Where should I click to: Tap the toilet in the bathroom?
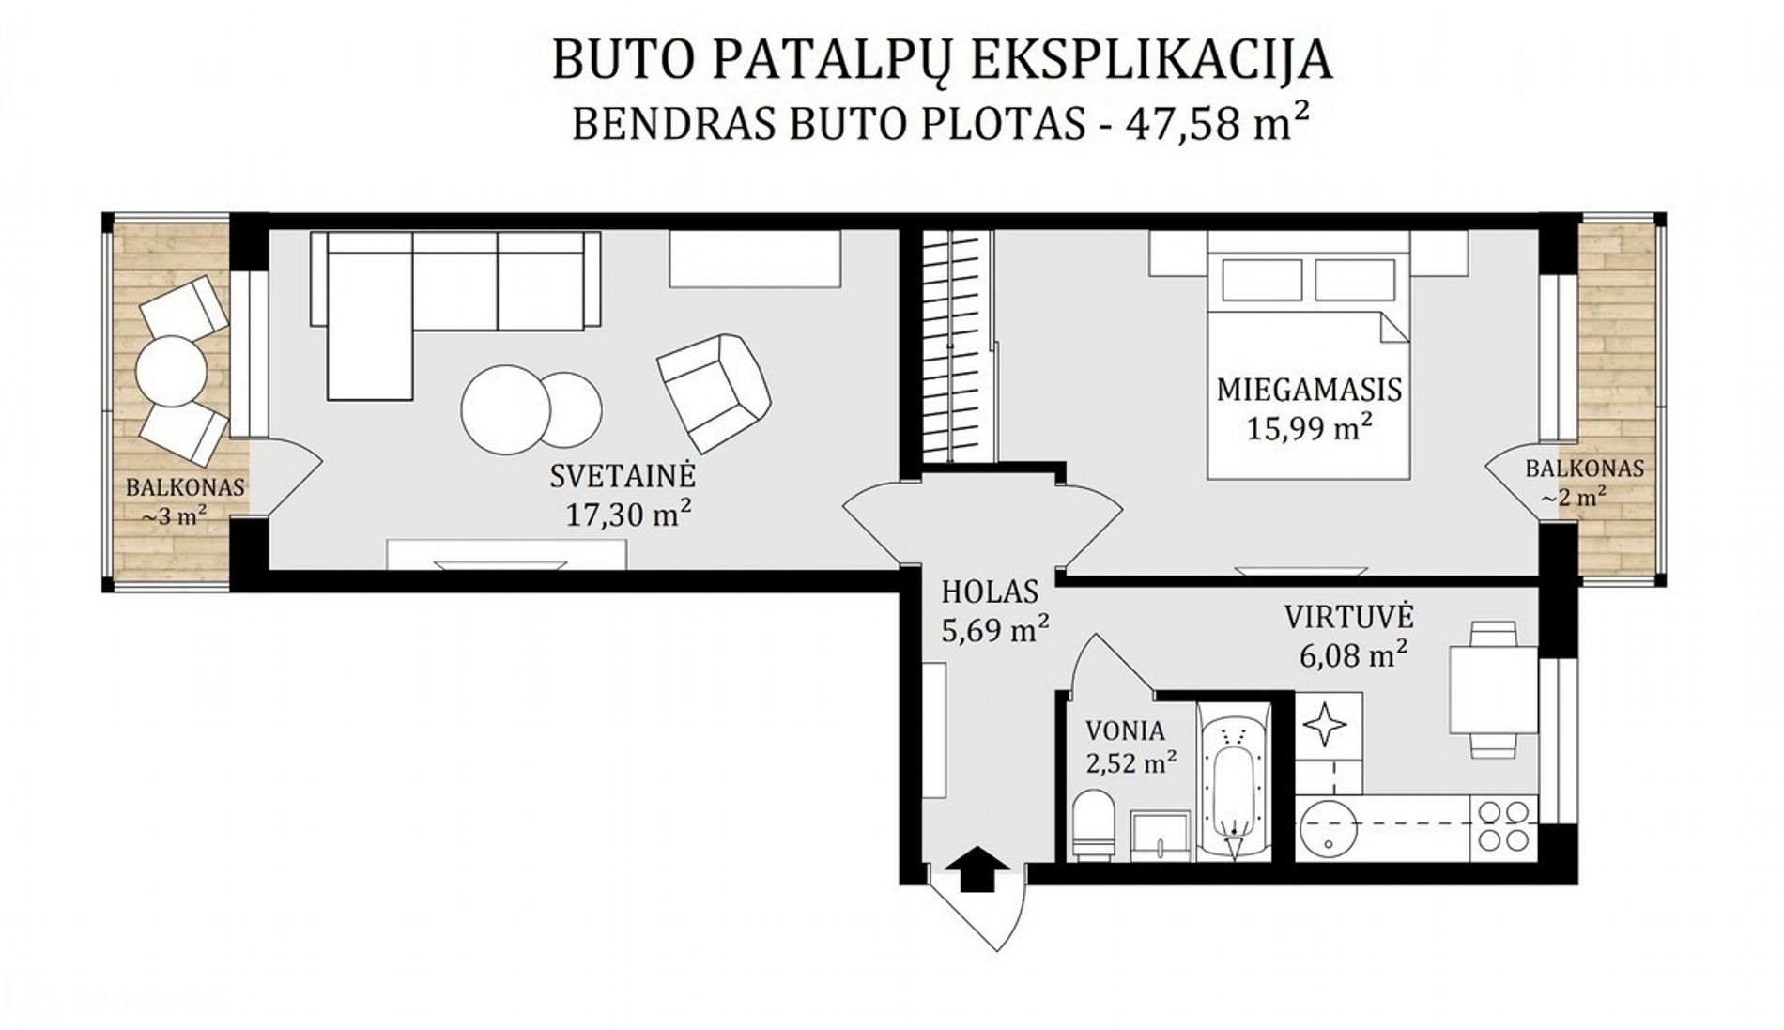(x=1092, y=824)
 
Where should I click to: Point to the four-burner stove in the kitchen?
(x=1504, y=824)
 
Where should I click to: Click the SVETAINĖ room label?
(x=623, y=476)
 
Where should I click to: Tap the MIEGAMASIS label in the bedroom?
(x=1309, y=389)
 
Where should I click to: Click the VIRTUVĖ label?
(x=1349, y=616)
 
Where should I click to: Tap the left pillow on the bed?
(x=1262, y=280)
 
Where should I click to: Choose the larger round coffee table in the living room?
(x=505, y=410)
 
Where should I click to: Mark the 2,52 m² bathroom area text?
(x=1130, y=761)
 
